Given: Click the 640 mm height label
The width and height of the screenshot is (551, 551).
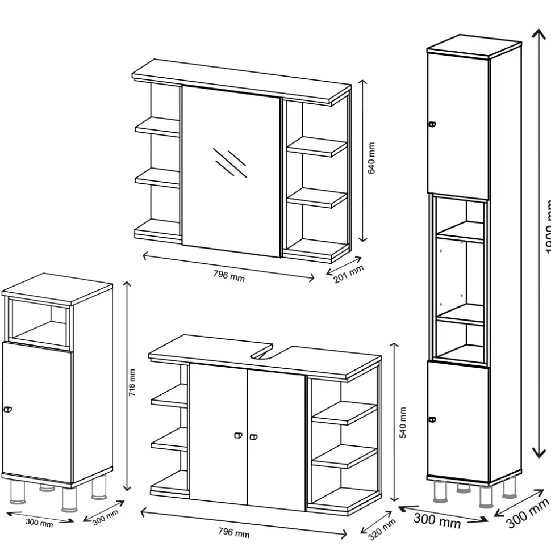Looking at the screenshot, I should pos(372,159).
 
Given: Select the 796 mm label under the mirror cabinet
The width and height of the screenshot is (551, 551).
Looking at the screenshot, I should pos(229,276).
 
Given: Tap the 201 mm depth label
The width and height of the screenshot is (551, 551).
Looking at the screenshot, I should pos(348,274).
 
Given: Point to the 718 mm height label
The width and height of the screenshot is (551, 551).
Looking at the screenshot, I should pos(132,382).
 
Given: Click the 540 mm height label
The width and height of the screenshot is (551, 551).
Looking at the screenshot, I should pos(403,422).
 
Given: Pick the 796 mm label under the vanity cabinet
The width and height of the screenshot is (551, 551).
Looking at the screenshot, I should pos(234,533).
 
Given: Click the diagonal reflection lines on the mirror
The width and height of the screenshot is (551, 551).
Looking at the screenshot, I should pos(229,163).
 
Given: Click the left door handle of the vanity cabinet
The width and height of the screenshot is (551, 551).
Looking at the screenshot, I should pos(237,436).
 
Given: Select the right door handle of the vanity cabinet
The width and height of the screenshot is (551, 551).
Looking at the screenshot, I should pos(253,437).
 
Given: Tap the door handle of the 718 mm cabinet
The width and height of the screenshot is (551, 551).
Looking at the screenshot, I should pos(7,409).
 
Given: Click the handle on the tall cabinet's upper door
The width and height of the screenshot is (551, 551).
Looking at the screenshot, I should pos(432,124).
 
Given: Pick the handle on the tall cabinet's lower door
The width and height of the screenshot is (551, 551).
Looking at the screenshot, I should pos(432,420).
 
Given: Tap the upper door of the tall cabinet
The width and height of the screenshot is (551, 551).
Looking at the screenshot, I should pos(458,125).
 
